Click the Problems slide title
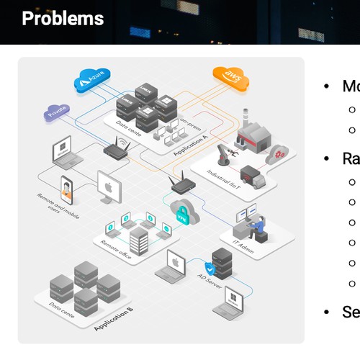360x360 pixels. (63, 19)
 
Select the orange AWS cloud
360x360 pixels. (230, 76)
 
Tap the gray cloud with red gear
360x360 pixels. (279, 152)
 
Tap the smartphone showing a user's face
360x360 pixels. (67, 189)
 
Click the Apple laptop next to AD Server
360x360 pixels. (177, 263)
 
